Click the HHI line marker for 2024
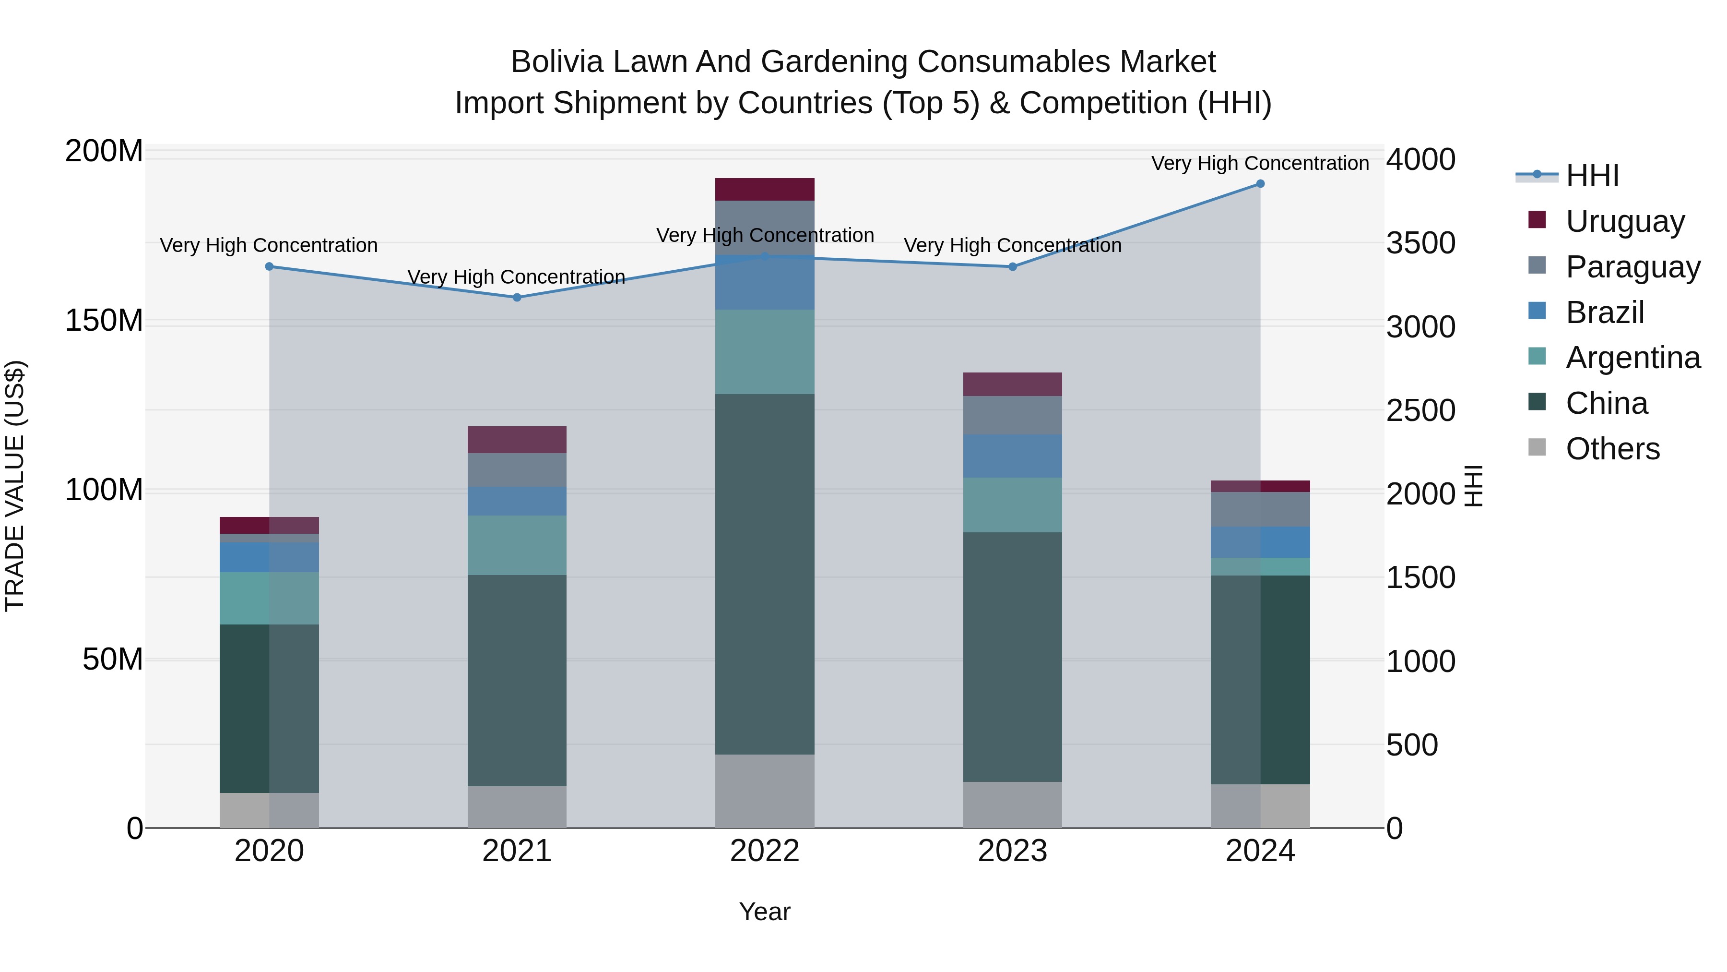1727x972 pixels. [x=1260, y=184]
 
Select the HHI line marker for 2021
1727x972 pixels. [x=517, y=297]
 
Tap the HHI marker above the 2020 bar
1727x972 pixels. [x=270, y=266]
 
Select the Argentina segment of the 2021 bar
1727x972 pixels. [x=517, y=545]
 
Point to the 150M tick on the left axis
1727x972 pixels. [x=104, y=321]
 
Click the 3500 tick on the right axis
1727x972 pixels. [x=1420, y=243]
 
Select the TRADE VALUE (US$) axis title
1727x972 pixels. [x=15, y=486]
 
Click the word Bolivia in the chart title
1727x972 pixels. [x=557, y=62]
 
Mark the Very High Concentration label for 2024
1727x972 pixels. [x=1260, y=163]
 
